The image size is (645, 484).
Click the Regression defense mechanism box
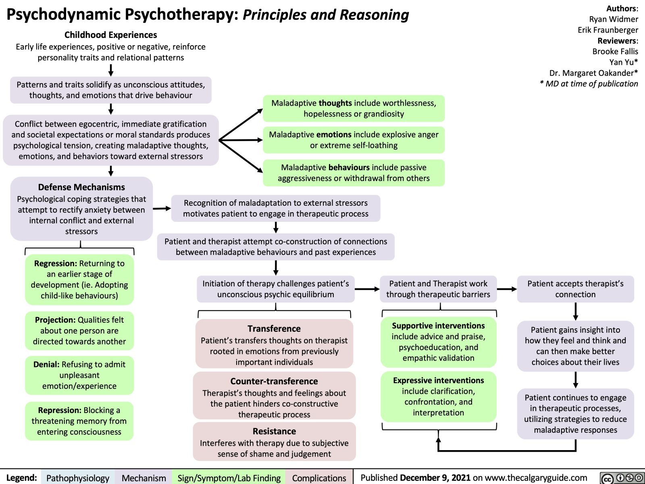(79, 280)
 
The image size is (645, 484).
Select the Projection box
(79, 330)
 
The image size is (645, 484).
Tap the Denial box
(79, 375)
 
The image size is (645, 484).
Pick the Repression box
(79, 421)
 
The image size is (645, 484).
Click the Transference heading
(274, 328)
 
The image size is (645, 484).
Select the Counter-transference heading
(274, 381)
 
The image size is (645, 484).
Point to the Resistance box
(274, 442)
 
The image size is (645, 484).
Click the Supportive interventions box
(438, 342)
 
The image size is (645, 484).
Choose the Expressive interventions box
(438, 396)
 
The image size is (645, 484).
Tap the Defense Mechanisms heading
(81, 187)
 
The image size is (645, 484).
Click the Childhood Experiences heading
(111, 35)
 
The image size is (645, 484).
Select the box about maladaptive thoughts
(354, 108)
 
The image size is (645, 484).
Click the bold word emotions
(334, 134)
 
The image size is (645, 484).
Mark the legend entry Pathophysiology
(77, 478)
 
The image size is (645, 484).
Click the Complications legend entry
(319, 478)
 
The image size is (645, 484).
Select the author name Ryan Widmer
(614, 19)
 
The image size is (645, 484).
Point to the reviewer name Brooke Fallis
(615, 51)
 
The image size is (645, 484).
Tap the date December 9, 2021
(435, 478)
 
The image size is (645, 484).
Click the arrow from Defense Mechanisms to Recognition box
(162, 209)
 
